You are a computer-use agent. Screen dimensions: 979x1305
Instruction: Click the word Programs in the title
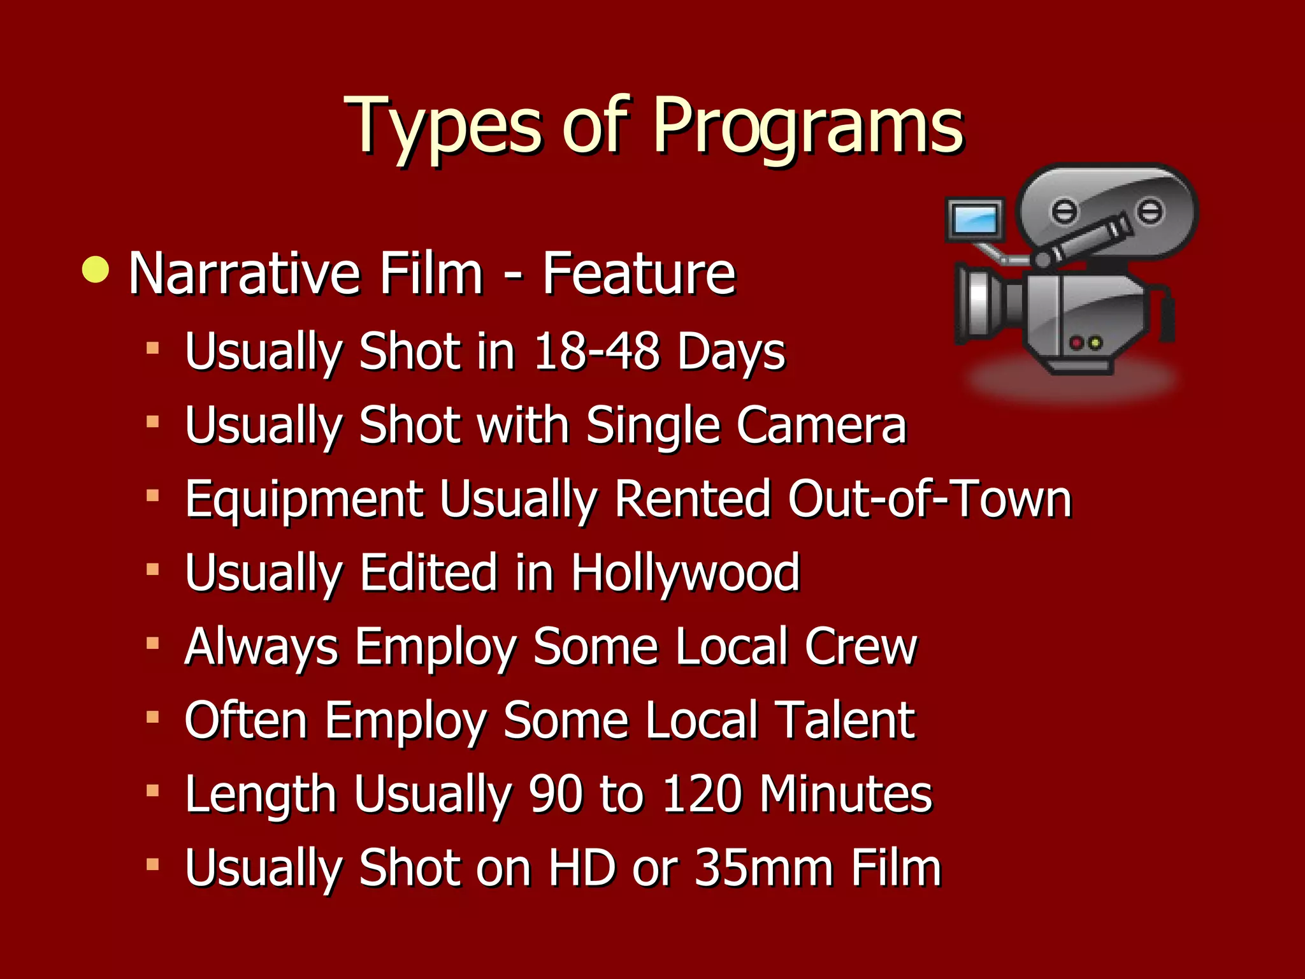(808, 126)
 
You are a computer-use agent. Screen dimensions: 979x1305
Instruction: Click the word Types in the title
(443, 126)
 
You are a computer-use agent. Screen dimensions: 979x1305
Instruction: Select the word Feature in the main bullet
(639, 274)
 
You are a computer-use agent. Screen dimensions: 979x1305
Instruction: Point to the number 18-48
(596, 351)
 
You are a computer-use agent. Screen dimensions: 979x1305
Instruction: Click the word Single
(652, 426)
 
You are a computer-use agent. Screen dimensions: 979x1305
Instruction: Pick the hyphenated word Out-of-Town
(930, 499)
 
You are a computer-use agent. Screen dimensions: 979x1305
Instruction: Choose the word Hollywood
(685, 572)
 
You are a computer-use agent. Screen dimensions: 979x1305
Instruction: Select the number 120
(702, 794)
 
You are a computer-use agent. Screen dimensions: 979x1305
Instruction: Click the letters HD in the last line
(582, 868)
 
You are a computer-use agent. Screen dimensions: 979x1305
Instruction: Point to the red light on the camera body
(1077, 343)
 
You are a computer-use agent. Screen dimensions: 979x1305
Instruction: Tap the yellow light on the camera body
(1095, 343)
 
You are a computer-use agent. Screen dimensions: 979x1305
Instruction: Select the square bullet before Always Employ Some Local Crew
(152, 644)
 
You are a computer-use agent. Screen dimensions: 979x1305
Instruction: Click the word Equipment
(304, 499)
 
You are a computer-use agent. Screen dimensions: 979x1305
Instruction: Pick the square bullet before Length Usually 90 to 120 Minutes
(152, 792)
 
